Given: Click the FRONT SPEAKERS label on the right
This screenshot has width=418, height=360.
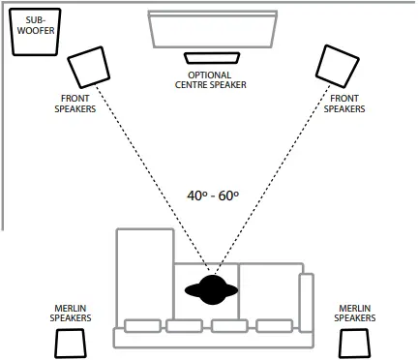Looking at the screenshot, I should tap(344, 105).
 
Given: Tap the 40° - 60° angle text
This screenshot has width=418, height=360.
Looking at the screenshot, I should tap(213, 195).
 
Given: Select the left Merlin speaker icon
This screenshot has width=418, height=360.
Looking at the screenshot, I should tap(71, 343).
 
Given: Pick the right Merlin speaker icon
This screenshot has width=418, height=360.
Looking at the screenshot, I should tap(354, 343).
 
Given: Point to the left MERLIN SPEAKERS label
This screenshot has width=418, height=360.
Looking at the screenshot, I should tap(71, 313).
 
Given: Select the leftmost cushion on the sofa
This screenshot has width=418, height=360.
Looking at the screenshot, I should tap(141, 325).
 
